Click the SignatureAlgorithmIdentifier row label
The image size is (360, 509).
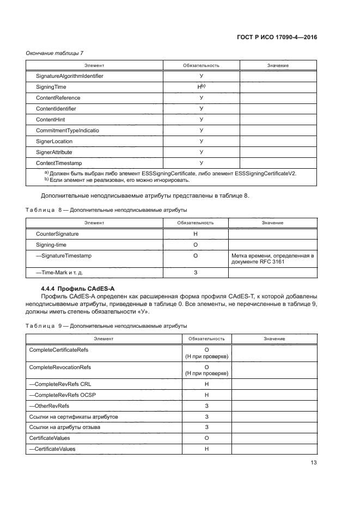[69, 76]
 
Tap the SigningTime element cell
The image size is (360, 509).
[51, 87]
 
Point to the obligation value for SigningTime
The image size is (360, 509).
[201, 87]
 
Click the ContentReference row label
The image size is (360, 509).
[58, 98]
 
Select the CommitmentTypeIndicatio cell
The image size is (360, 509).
[68, 131]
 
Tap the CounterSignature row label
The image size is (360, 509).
[57, 234]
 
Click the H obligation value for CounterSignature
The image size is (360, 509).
[196, 234]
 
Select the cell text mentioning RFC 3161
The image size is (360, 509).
[272, 259]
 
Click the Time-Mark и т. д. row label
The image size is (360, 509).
[59, 272]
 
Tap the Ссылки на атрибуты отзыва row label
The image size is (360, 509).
[64, 427]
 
